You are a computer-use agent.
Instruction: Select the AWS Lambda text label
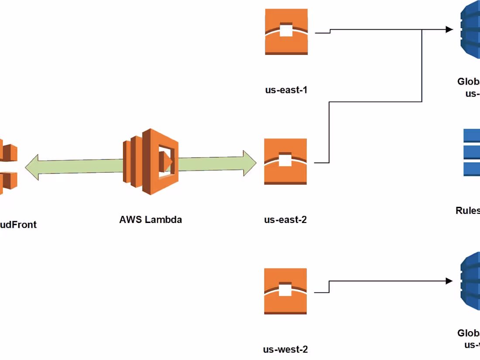151,219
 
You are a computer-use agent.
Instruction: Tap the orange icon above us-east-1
286,32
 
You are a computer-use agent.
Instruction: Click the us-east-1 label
286,90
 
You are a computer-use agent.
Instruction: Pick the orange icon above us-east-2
285,161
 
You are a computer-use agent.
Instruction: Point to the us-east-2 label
285,219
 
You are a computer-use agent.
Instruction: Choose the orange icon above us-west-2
285,291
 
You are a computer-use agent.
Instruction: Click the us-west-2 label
285,349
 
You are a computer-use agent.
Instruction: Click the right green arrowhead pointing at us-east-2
250,163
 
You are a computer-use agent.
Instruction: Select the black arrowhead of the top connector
449,30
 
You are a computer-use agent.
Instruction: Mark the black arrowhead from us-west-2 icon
449,281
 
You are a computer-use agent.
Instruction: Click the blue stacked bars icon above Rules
471,152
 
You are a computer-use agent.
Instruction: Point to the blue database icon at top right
470,31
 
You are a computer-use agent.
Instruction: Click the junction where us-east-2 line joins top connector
422,30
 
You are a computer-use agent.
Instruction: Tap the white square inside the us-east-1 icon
286,31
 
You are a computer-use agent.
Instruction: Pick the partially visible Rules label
467,210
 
